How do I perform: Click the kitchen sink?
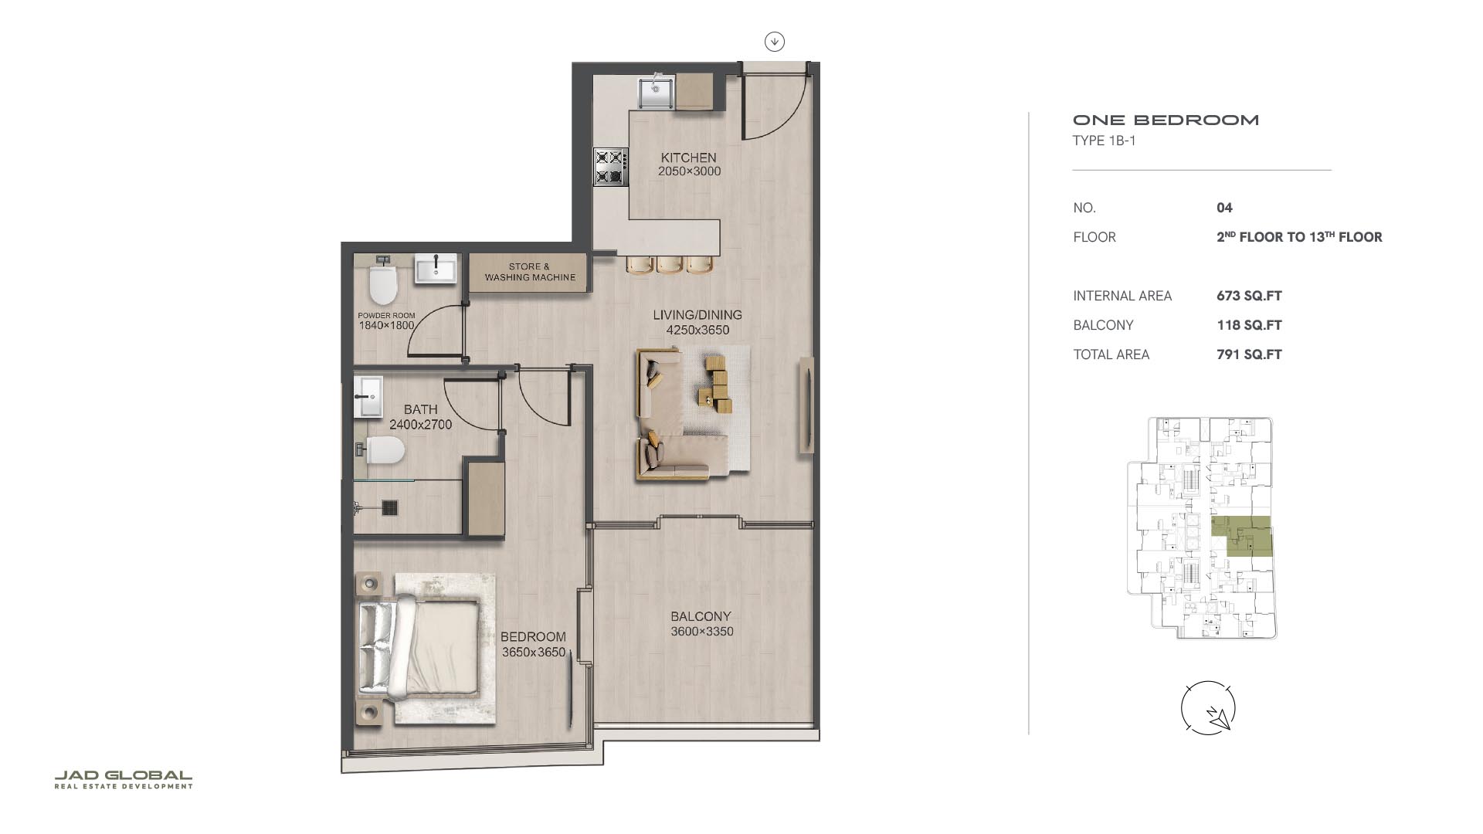coord(656,92)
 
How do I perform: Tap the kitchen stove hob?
coord(609,167)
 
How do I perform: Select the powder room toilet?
coord(382,282)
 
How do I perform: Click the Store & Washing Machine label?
coord(530,272)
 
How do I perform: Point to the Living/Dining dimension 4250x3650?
coord(697,330)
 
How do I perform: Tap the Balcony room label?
coord(701,616)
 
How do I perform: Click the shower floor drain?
coord(390,507)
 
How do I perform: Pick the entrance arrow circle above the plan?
coord(775,42)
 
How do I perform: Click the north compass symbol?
coord(1208,708)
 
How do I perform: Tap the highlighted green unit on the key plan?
coord(1242,536)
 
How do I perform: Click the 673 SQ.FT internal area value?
coord(1249,296)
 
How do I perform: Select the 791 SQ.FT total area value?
coord(1249,354)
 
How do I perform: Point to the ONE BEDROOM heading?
coord(1166,120)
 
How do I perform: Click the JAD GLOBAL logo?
coord(124,779)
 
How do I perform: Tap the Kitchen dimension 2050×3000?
coord(689,171)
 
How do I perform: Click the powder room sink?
coord(436,269)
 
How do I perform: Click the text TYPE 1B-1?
coord(1104,141)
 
